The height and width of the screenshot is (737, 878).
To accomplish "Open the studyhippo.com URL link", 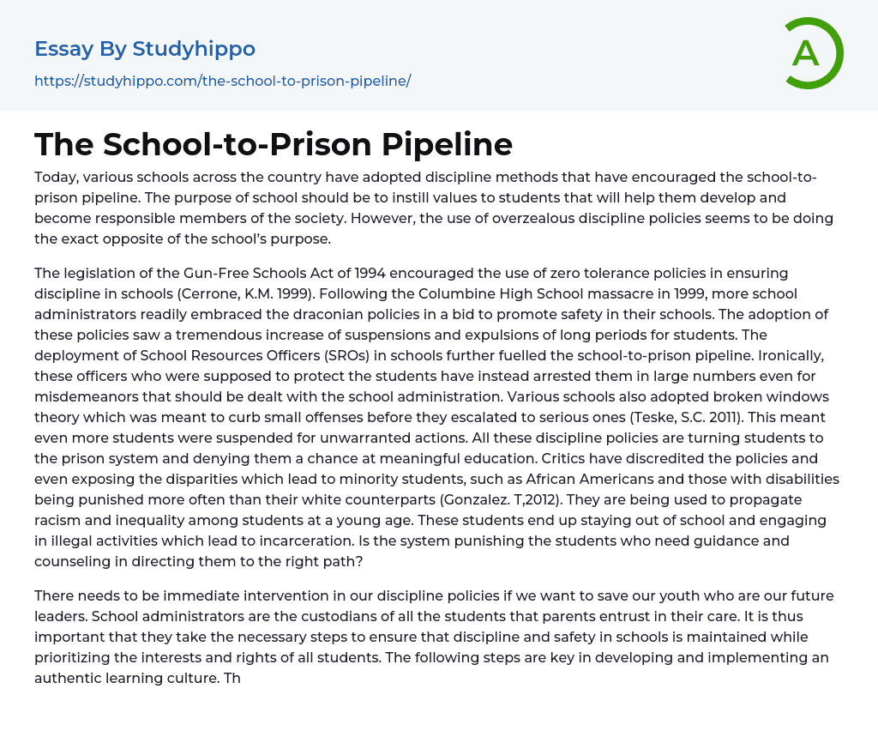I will pyautogui.click(x=222, y=81).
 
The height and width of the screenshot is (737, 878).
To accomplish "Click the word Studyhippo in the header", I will pyautogui.click(x=194, y=49).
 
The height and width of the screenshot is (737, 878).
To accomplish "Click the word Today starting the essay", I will pyautogui.click(x=57, y=177).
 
